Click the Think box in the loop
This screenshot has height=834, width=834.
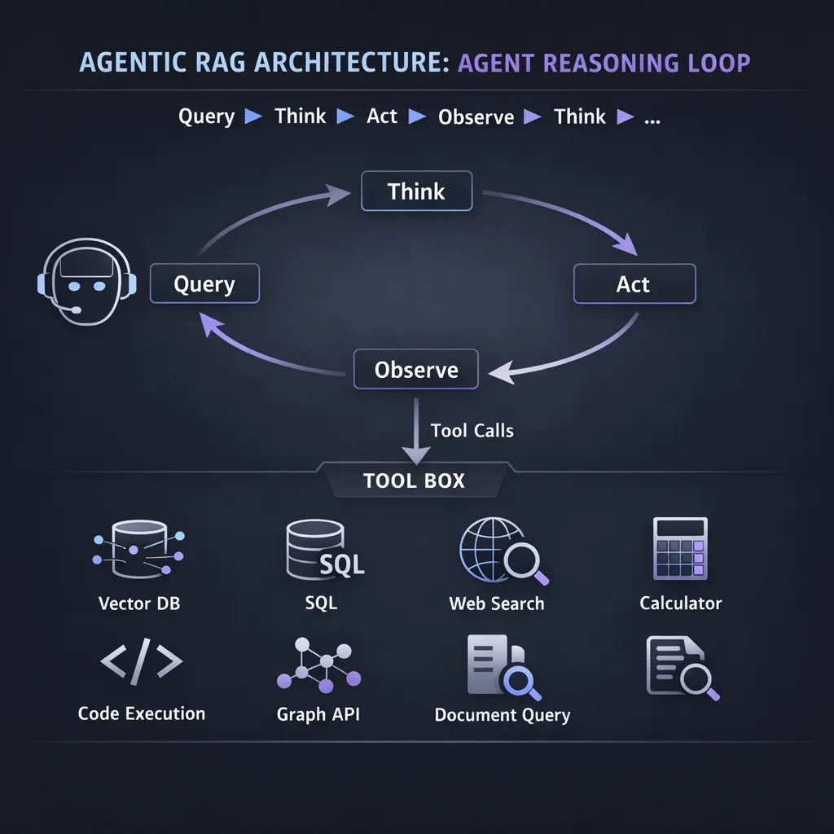point(416,192)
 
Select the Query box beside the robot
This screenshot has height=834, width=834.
point(204,284)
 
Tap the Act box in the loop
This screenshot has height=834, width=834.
point(634,284)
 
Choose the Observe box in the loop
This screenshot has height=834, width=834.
point(416,370)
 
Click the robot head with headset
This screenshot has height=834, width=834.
point(86,283)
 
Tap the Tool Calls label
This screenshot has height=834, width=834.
point(472,430)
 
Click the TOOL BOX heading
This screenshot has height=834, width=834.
point(414,481)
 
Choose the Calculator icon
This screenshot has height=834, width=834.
point(680,548)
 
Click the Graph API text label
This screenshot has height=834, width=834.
point(318,714)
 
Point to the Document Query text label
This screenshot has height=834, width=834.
point(502,715)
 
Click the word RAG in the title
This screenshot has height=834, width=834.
point(249,64)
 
